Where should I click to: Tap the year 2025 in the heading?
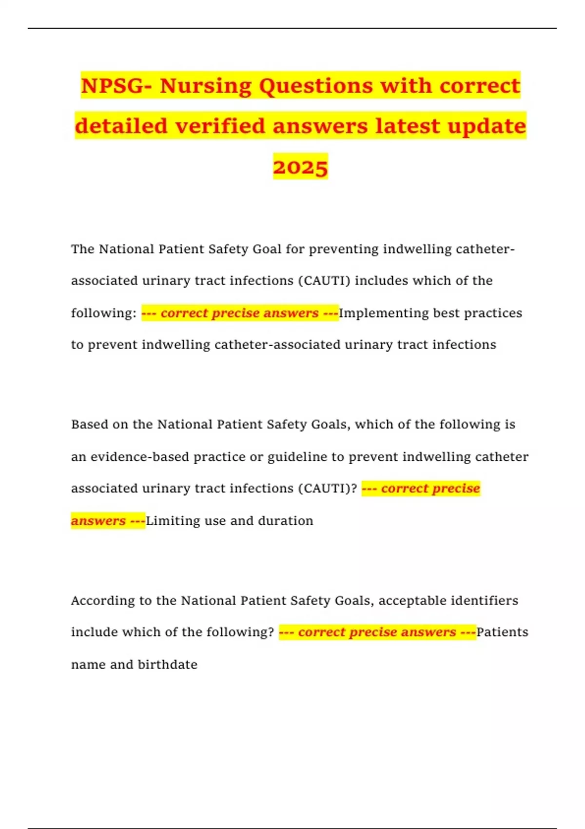click(x=300, y=167)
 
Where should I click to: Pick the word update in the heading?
click(x=487, y=126)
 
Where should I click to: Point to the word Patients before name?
click(x=502, y=632)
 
